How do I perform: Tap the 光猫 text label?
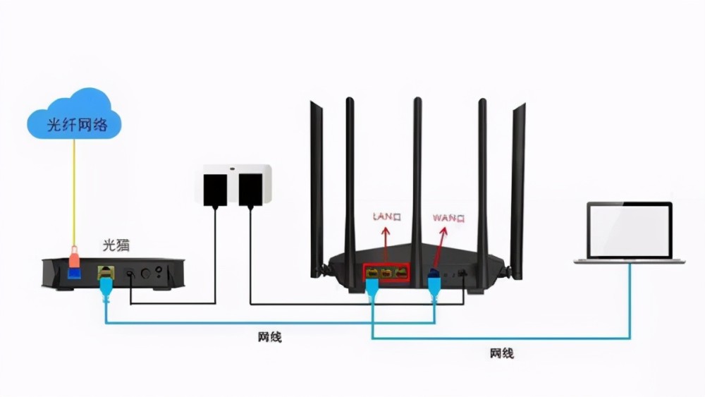(x=117, y=245)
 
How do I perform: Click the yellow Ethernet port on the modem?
(x=105, y=272)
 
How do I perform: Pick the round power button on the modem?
(x=147, y=272)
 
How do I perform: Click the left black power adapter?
(x=214, y=190)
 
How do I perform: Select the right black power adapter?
(x=250, y=190)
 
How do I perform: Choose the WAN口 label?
(x=449, y=218)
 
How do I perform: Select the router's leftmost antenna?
(x=317, y=183)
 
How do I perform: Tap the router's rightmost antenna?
(x=518, y=183)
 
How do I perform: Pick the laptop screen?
(x=630, y=230)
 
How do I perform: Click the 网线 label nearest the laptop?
(x=501, y=353)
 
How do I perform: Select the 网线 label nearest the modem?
(x=269, y=337)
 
